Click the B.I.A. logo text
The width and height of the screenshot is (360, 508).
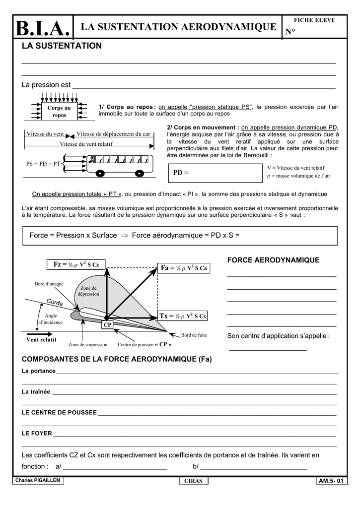coord(42,29)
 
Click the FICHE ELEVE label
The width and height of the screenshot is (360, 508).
coord(314,20)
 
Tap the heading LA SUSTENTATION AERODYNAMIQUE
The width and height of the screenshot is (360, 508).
coord(178,27)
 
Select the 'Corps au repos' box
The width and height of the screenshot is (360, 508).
coord(59,111)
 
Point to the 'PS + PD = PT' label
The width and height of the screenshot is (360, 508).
coord(43,163)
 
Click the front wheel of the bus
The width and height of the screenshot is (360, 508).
coord(100,174)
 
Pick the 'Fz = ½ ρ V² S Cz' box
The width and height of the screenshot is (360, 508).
coord(76,265)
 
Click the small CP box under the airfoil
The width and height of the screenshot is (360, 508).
coord(107,325)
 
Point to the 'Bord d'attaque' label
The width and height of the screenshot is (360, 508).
coord(49,284)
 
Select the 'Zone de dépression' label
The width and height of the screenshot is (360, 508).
coord(88,291)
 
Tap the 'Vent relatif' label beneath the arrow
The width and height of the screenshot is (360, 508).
coord(41,340)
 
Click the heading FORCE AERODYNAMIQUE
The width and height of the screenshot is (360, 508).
coord(273,260)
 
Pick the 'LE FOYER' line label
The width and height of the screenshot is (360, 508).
coord(37,433)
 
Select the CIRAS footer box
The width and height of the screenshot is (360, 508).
coord(193,481)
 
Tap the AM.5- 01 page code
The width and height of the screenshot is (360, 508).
coord(331,481)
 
